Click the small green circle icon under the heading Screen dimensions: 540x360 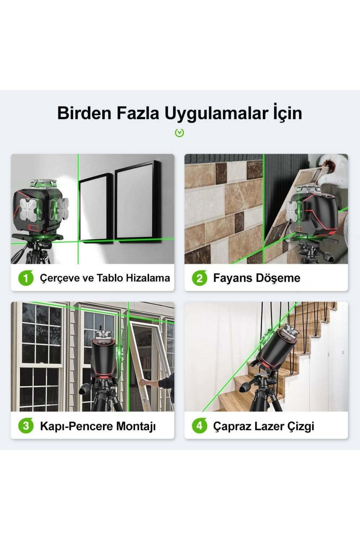[x=179, y=133]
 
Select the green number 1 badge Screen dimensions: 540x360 [x=26, y=278]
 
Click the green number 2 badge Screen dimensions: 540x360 [x=199, y=278]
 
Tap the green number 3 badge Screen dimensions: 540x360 [x=26, y=426]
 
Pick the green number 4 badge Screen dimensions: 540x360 [x=199, y=426]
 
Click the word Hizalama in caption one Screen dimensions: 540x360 [x=148, y=278]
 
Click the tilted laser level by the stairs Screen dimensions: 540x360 [x=277, y=348]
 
